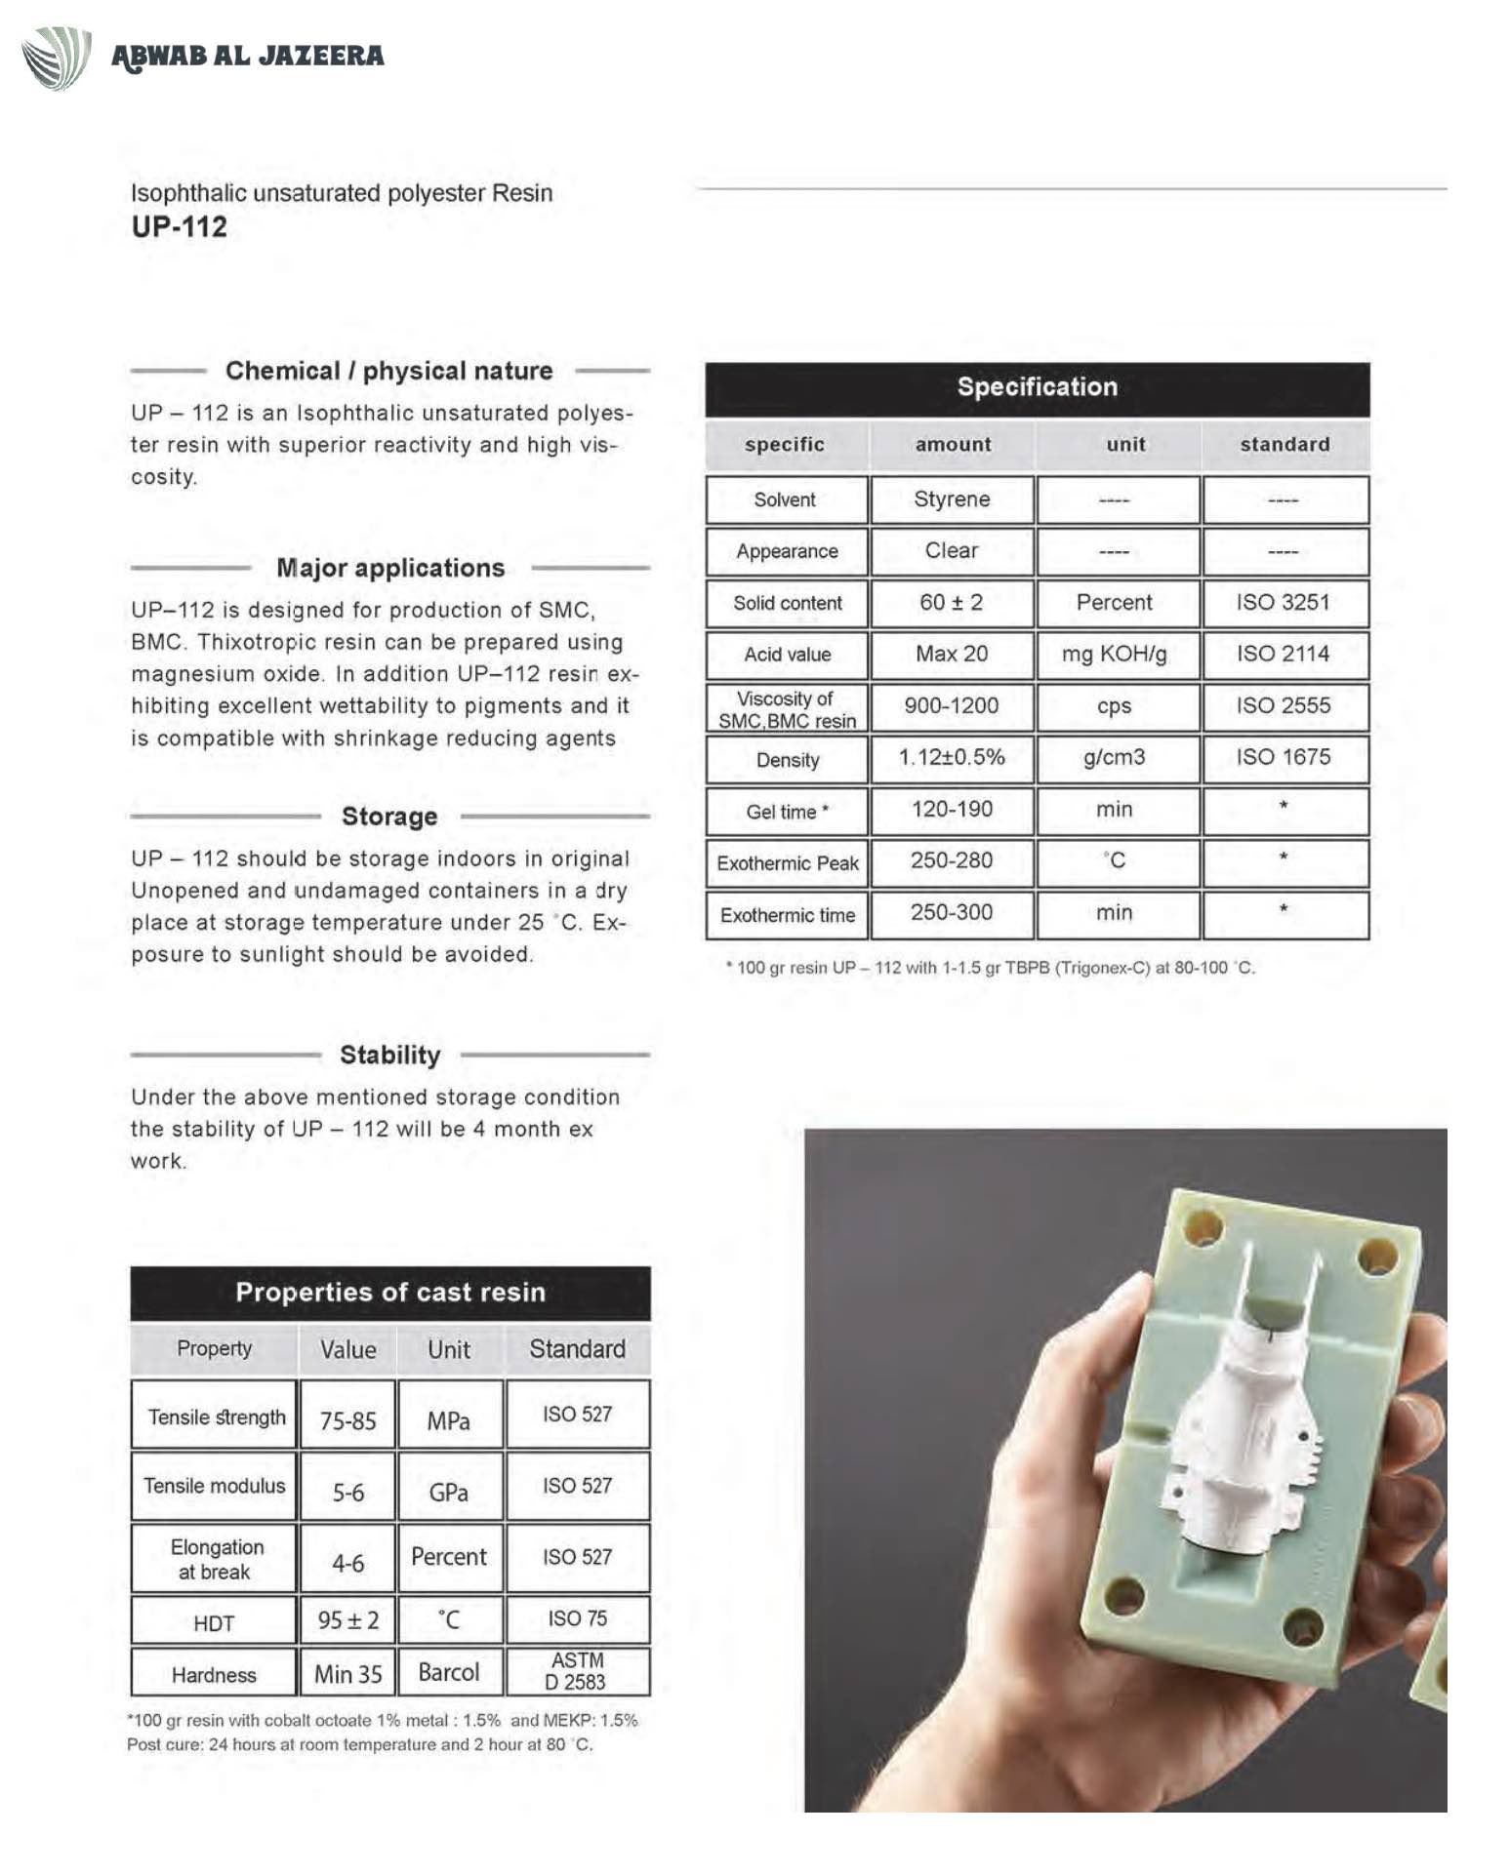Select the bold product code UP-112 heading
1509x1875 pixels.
tap(180, 227)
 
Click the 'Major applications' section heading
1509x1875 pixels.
tap(390, 568)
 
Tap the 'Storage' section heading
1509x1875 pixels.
tap(389, 817)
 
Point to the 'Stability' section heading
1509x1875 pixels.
tap(390, 1055)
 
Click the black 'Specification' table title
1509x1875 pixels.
tap(1037, 387)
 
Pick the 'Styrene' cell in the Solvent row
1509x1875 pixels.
tap(952, 499)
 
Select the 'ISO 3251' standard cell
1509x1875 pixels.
tap(1284, 603)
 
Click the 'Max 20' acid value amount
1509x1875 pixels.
tap(952, 655)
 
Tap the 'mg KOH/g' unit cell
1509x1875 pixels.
tap(1115, 655)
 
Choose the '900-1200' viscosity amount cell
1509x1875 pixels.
tap(952, 706)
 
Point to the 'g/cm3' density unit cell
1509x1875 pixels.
tap(1115, 758)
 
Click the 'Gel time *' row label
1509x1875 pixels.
tap(787, 812)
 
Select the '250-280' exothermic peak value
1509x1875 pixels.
tap(952, 861)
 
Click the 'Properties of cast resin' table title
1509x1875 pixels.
tap(390, 1293)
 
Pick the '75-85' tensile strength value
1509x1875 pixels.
tap(348, 1420)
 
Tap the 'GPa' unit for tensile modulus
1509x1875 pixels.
tap(449, 1493)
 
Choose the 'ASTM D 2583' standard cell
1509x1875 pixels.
tap(577, 1671)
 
